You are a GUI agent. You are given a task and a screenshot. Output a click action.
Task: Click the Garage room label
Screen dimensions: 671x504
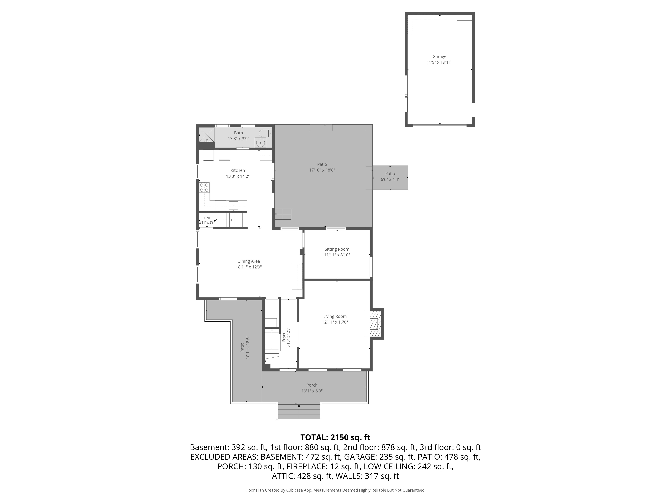pyautogui.click(x=439, y=56)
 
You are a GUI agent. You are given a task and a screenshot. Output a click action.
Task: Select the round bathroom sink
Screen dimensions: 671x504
pyautogui.click(x=260, y=143)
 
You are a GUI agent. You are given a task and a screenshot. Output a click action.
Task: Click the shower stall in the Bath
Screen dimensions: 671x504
pyautogui.click(x=207, y=135)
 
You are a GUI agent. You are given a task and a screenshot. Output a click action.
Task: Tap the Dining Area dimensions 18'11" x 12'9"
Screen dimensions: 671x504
pyautogui.click(x=249, y=267)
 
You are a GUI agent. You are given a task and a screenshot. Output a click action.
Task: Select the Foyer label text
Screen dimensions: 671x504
pyautogui.click(x=284, y=337)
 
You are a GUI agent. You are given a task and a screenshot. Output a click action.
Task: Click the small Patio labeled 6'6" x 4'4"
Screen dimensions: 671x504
pyautogui.click(x=390, y=178)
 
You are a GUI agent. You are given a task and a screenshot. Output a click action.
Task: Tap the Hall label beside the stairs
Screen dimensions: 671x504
pyautogui.click(x=207, y=218)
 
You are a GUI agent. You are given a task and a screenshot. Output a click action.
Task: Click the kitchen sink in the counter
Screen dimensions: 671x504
pyautogui.click(x=234, y=206)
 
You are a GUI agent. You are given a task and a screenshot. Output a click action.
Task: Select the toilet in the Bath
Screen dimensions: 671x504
pyautogui.click(x=265, y=133)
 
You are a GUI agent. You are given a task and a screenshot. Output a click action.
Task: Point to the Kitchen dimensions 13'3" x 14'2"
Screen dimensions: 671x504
pyautogui.click(x=238, y=176)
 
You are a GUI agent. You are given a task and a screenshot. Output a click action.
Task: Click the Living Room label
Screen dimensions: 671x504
pyautogui.click(x=335, y=316)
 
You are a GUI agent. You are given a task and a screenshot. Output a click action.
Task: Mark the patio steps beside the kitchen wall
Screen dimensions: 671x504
pyautogui.click(x=283, y=214)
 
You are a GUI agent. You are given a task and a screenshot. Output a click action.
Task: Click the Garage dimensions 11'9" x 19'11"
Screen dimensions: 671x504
pyautogui.click(x=439, y=62)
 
